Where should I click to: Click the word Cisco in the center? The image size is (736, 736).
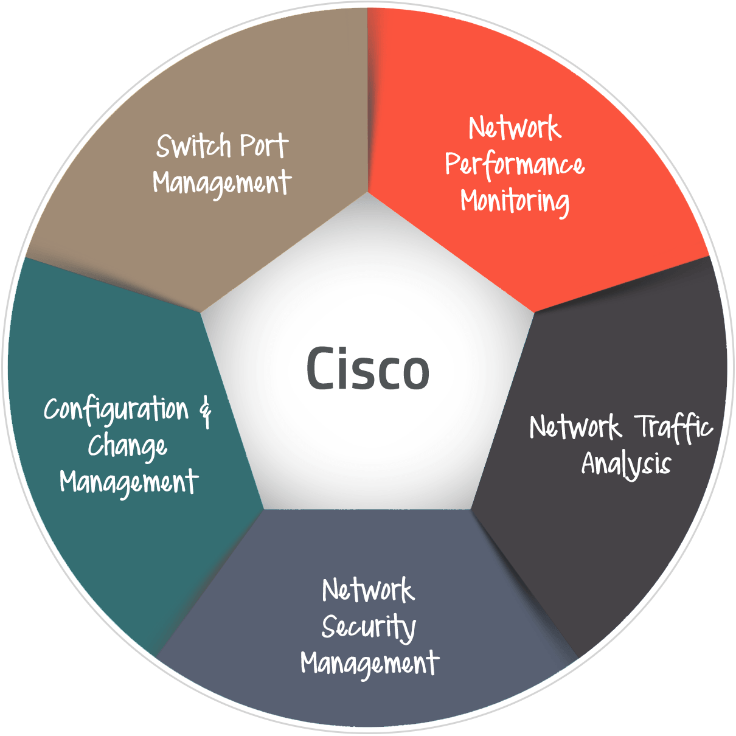click(x=368, y=369)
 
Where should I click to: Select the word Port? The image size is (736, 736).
click(x=263, y=146)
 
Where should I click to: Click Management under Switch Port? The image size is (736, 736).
click(x=222, y=182)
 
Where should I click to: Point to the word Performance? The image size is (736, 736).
click(x=515, y=165)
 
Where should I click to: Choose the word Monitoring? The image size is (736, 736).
click(x=515, y=201)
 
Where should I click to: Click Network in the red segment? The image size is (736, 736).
click(x=515, y=128)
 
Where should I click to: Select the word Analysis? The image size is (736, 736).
click(x=626, y=464)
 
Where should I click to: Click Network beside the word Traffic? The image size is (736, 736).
click(x=575, y=427)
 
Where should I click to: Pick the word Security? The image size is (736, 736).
click(x=369, y=627)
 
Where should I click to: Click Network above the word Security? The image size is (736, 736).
click(x=369, y=590)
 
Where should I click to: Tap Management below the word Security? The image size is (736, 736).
click(x=370, y=663)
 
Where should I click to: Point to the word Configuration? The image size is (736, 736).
click(x=117, y=410)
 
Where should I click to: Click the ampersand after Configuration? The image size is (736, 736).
click(x=206, y=411)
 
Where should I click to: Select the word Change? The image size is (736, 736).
click(x=127, y=447)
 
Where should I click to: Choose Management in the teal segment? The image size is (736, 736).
click(x=129, y=482)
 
